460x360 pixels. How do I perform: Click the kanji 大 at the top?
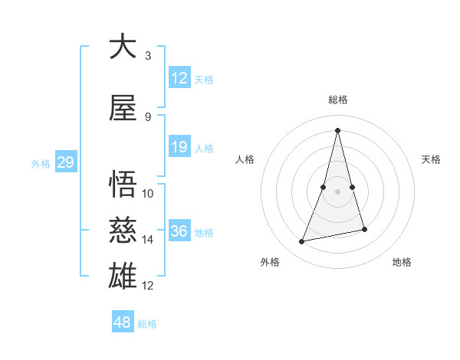pos(123,47)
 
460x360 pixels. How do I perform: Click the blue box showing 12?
pos(179,78)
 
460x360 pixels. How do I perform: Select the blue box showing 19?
pos(179,147)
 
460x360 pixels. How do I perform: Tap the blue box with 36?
pos(179,231)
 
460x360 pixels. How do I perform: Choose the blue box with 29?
pos(65,162)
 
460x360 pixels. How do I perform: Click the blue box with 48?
pos(123,322)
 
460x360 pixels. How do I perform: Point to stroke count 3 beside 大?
pos(147,56)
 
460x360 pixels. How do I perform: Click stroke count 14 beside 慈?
pos(148,240)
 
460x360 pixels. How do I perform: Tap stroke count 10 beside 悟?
pos(148,194)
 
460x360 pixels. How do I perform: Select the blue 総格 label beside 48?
pos(147,324)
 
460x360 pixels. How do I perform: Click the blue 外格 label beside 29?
pos(40,163)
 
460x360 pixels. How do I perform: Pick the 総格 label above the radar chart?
pos(338,100)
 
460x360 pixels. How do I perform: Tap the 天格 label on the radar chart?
pos(431,159)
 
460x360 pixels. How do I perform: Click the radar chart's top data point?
pos(337,130)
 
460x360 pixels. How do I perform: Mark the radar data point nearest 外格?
pos(302,242)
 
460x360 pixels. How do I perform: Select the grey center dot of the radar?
pos(338,191)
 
